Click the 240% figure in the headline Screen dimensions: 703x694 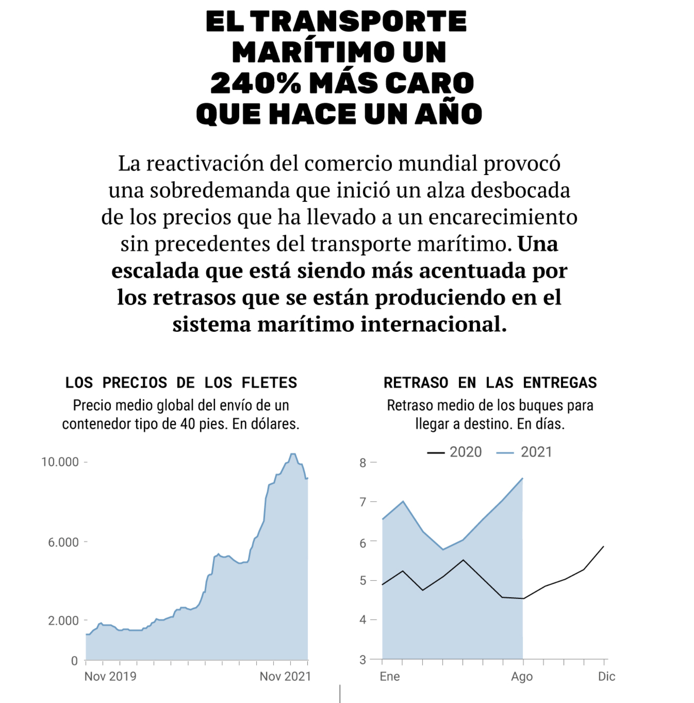pyautogui.click(x=255, y=83)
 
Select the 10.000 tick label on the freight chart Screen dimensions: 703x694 pyautogui.click(x=60, y=462)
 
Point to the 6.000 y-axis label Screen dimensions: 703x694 pyautogui.click(x=63, y=542)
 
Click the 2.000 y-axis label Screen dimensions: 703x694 pyautogui.click(x=63, y=620)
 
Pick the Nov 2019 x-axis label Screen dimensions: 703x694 pyautogui.click(x=110, y=677)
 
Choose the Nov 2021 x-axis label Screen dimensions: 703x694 pyautogui.click(x=285, y=677)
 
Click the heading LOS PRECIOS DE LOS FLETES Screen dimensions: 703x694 pyautogui.click(x=181, y=383)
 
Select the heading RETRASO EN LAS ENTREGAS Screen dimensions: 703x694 pyautogui.click(x=490, y=383)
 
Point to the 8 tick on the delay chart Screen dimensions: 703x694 pyautogui.click(x=363, y=463)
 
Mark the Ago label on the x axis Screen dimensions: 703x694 pyautogui.click(x=522, y=677)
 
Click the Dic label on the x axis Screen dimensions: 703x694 pyautogui.click(x=607, y=677)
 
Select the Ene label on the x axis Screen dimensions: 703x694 pyautogui.click(x=390, y=677)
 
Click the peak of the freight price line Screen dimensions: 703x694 pyautogui.click(x=293, y=454)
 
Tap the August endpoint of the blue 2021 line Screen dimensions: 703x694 pyautogui.click(x=523, y=479)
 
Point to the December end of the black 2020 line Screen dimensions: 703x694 pyautogui.click(x=604, y=547)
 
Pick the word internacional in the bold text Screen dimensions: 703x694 pyautogui.click(x=433, y=324)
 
